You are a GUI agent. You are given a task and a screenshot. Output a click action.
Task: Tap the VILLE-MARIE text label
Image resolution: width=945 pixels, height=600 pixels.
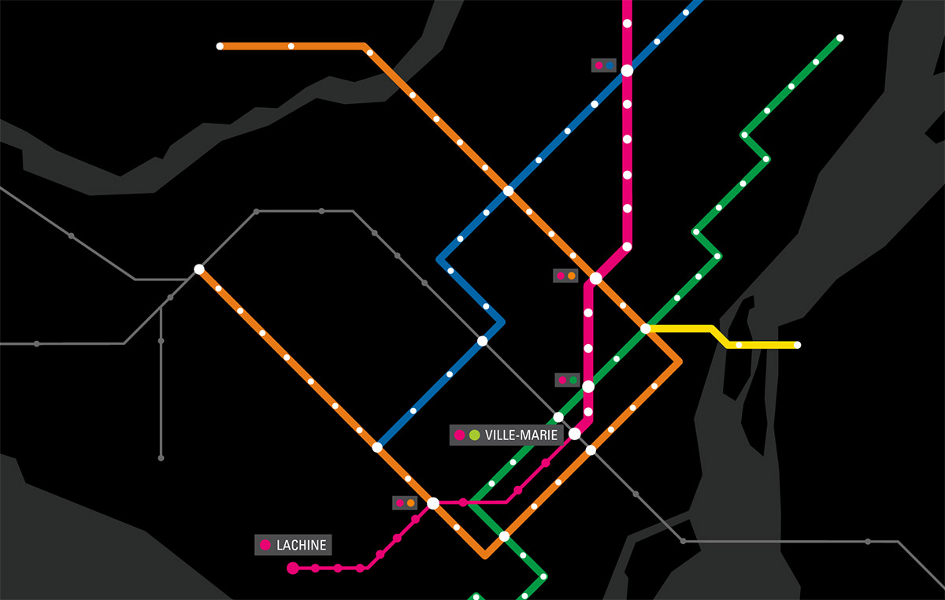521,435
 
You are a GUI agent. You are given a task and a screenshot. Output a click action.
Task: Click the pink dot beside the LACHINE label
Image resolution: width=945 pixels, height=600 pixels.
265,545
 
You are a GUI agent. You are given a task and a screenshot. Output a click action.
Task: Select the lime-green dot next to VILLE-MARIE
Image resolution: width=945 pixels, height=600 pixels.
474,435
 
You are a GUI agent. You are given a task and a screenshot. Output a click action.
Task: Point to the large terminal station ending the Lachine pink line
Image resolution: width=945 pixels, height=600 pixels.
293,568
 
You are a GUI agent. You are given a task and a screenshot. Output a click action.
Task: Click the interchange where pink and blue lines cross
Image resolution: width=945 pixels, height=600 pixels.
627,71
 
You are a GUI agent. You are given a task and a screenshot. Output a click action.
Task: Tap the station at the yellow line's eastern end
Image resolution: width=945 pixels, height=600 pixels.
797,345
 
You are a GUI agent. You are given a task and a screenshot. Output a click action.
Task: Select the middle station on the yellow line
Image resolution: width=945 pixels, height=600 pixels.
739,345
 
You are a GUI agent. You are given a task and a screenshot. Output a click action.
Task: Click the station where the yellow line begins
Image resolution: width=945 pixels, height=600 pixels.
645,328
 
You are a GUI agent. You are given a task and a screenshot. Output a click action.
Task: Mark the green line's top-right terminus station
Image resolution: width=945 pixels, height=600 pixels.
839,38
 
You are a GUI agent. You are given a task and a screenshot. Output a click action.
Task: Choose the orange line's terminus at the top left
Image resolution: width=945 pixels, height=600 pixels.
220,46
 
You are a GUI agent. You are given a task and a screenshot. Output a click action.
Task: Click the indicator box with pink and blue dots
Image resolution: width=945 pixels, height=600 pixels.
604,66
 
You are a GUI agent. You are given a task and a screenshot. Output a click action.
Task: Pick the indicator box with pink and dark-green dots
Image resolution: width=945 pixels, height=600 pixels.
567,380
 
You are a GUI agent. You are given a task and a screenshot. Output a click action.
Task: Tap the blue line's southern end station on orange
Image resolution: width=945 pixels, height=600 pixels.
377,447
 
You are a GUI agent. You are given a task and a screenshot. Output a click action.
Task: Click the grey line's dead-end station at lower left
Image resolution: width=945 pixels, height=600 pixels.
161,457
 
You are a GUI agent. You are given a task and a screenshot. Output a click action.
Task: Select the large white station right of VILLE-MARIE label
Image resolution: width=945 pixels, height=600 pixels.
575,434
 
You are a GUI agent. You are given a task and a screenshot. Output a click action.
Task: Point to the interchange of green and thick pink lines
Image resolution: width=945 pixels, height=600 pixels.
587,386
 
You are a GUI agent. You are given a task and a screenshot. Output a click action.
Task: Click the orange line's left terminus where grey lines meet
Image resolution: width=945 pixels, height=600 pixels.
199,269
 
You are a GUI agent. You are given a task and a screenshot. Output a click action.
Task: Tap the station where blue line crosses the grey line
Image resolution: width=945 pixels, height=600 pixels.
482,341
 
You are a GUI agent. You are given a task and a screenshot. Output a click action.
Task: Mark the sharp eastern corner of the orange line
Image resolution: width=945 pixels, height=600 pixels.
680,361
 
